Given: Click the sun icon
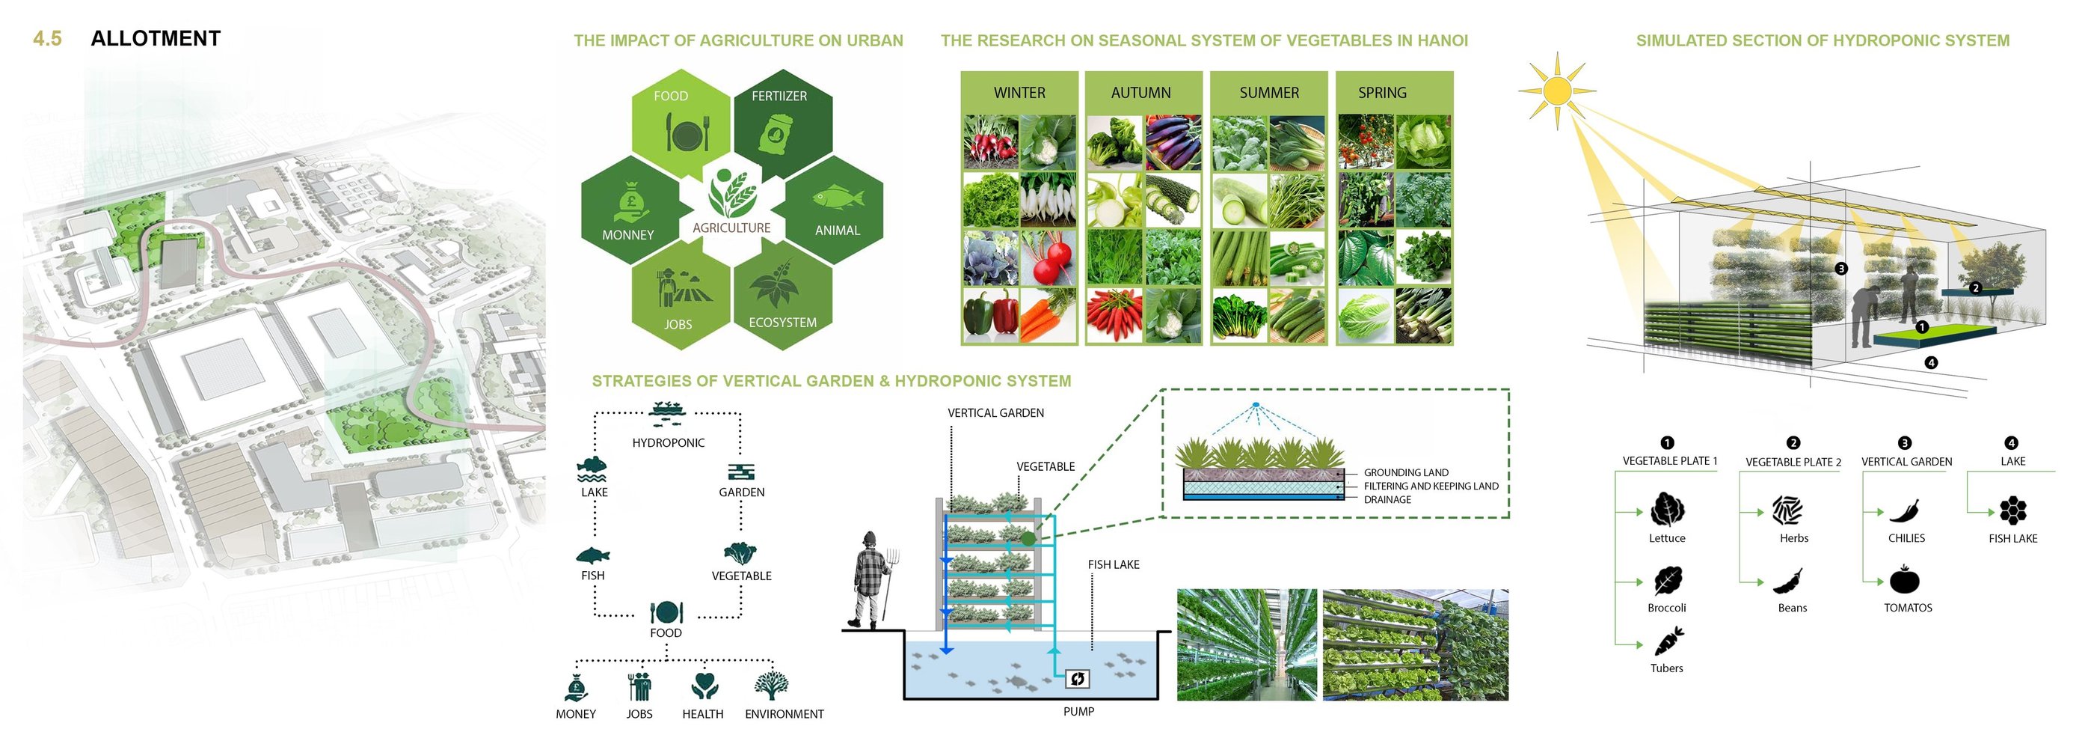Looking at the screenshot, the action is tap(1557, 91).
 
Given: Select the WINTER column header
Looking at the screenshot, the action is tap(1019, 93).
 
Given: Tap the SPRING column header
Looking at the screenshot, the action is tap(1382, 93).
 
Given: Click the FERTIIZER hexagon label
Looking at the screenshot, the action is tap(779, 96).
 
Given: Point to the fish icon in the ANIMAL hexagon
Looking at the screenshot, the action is tap(838, 197).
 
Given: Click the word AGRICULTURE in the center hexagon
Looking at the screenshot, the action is tap(731, 228).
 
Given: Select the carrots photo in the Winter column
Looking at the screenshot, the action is tap(1048, 316).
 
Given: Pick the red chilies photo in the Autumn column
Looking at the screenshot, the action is tap(1114, 316).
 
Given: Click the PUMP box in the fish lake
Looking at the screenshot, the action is tap(1077, 679).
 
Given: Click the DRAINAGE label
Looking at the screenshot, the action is tap(1387, 499).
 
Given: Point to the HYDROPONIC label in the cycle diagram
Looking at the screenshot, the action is tap(668, 442).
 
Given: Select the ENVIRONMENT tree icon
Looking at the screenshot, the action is tap(770, 685).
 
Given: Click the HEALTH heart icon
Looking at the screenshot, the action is tap(704, 685).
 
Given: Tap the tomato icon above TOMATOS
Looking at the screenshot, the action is tap(1904, 580).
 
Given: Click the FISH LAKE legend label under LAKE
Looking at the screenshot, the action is tap(2012, 538).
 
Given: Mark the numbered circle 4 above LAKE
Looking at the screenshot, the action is tap(2011, 443).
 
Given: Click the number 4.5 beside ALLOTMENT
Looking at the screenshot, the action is tap(47, 39).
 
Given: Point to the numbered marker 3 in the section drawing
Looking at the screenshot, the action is tap(1841, 269).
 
